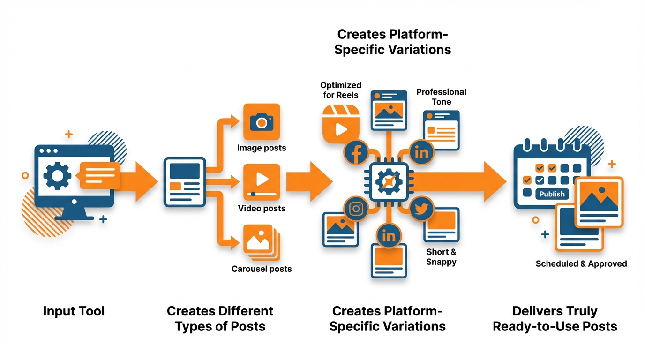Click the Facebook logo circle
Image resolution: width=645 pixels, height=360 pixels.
356,152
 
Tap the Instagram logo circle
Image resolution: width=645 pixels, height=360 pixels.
356,209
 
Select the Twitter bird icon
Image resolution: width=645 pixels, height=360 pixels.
421,209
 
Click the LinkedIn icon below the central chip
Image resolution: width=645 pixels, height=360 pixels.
389,236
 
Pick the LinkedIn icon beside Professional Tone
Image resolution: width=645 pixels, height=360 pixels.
422,152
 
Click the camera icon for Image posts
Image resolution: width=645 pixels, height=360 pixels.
262,122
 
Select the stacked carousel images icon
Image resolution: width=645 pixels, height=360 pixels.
261,242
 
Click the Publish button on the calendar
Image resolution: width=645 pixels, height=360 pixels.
552,194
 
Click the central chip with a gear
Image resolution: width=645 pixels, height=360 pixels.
389,180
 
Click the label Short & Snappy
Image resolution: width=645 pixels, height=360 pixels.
441,257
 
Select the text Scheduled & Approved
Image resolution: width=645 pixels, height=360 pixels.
581,264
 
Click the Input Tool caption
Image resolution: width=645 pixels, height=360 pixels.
74,311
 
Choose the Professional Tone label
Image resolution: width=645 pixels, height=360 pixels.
441,97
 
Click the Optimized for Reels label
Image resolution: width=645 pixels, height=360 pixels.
341,90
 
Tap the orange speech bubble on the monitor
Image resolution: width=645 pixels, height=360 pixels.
99,175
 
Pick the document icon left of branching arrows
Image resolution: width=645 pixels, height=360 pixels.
184,182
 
